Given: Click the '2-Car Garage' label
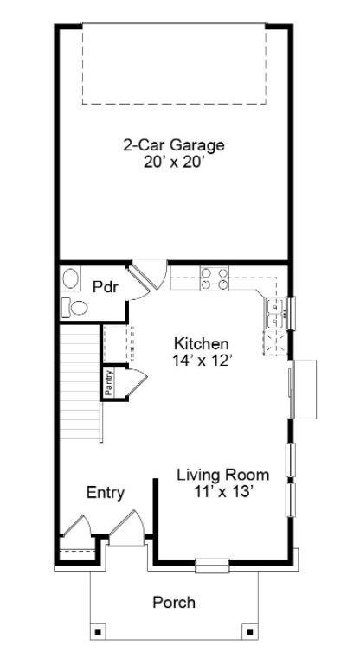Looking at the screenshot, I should point(173,145).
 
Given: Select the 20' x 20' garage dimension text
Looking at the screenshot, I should point(173,161).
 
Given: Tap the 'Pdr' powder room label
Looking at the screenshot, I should point(105,287).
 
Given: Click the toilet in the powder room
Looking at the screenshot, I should point(74,306).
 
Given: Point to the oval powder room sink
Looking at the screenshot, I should point(71,279).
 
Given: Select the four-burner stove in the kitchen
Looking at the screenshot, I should point(215,278).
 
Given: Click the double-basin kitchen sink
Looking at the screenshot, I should point(275,313).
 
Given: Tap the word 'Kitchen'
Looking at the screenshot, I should point(201,342).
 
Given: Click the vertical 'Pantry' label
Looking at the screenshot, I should point(109,381).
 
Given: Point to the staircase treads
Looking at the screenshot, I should point(80,380).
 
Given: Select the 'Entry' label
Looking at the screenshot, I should point(106,493).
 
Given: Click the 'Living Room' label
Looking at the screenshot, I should point(222,475).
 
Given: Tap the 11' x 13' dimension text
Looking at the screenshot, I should point(222,491).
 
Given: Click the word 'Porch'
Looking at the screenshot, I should point(174,602).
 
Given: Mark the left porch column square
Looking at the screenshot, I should point(98,630).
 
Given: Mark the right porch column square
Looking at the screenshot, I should point(249,630).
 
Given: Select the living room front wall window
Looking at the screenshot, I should point(212,566).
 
